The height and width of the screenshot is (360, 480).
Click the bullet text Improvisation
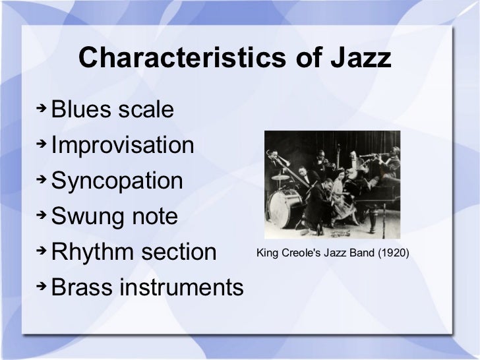point(123,145)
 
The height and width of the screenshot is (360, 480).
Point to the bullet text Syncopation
point(117,181)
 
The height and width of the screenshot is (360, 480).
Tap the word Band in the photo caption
point(360,253)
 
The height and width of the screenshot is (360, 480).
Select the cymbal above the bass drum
point(282,177)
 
